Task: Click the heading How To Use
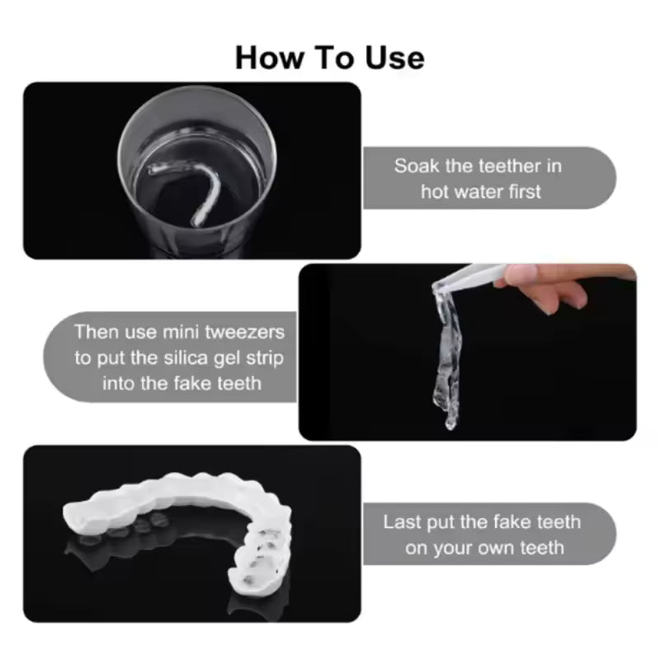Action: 330,58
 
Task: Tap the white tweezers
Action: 470,276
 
